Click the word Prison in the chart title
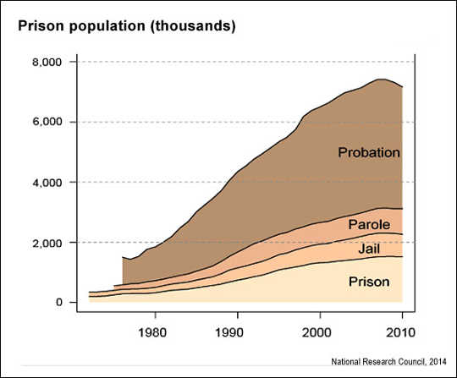(x=40, y=26)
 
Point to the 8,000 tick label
(x=47, y=63)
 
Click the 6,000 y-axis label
(x=47, y=123)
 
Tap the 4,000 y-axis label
(x=47, y=183)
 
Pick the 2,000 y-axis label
(x=47, y=243)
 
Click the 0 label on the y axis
(x=58, y=303)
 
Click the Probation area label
(x=368, y=153)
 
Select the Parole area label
(x=369, y=225)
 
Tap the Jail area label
(x=369, y=251)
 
